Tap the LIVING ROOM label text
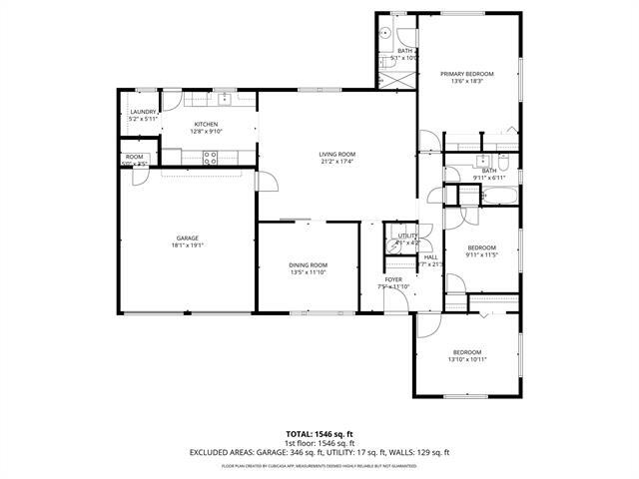click(x=337, y=154)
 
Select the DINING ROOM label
click(x=309, y=264)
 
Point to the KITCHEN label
click(x=207, y=124)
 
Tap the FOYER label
click(x=394, y=279)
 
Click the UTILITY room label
click(x=408, y=236)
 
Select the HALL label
click(x=430, y=256)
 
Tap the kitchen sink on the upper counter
click(x=226, y=98)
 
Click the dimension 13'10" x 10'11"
click(x=467, y=359)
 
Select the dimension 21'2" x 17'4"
click(x=337, y=162)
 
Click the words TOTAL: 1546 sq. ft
click(x=319, y=434)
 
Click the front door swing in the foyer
click(x=426, y=314)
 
